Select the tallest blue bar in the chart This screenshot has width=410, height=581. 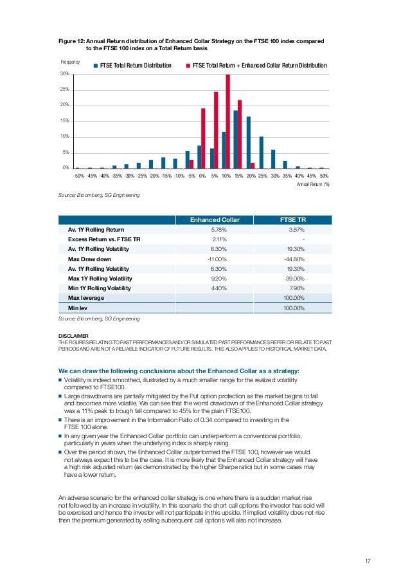pyautogui.click(x=236, y=139)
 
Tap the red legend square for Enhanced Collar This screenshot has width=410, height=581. pyautogui.click(x=188, y=66)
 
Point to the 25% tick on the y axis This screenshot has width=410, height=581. pyautogui.click(x=65, y=89)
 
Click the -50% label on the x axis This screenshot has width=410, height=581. pyautogui.click(x=78, y=175)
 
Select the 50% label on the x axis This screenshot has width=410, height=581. pyautogui.click(x=324, y=175)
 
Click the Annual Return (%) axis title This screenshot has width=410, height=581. pyautogui.click(x=313, y=183)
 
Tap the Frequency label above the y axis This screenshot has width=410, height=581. pyautogui.click(x=70, y=62)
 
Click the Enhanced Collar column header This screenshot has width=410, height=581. pyautogui.click(x=214, y=220)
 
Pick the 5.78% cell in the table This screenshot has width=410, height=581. pyautogui.click(x=219, y=230)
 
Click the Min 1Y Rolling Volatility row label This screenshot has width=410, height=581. pyautogui.click(x=103, y=288)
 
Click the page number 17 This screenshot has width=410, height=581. pyautogui.click(x=368, y=562)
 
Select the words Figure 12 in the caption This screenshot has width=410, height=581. pyautogui.click(x=71, y=41)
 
